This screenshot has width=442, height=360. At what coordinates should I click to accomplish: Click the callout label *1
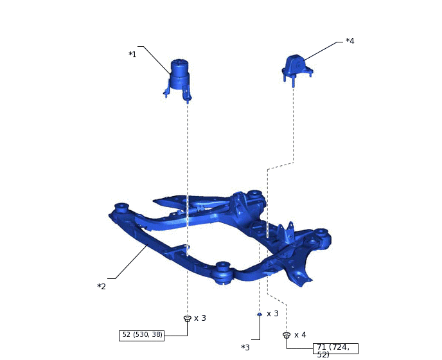[x=132, y=54]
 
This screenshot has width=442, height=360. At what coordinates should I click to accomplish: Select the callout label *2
[x=102, y=286]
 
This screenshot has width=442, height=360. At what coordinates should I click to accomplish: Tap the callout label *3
[x=245, y=348]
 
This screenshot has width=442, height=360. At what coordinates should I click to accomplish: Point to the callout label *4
[x=350, y=41]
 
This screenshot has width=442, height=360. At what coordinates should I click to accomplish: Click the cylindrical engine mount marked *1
[x=179, y=79]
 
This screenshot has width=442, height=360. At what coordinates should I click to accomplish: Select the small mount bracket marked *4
[x=297, y=68]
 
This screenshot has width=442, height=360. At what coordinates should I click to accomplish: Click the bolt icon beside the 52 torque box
[x=188, y=318]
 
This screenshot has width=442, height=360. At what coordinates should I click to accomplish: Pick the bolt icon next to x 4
[x=287, y=335]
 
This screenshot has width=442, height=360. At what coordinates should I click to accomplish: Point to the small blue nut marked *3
[x=260, y=314]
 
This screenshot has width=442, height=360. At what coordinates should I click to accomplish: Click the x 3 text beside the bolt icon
[x=200, y=318]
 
